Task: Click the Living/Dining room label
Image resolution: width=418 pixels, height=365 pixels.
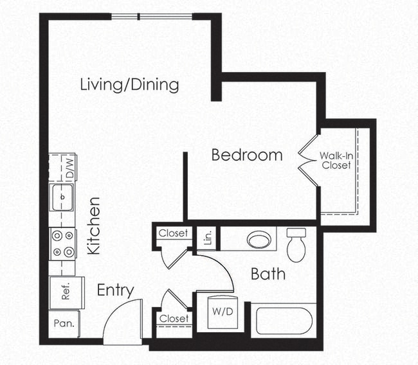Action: click(129, 85)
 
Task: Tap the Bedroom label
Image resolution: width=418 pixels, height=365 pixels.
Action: click(247, 155)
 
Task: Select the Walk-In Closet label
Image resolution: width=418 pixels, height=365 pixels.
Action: click(336, 161)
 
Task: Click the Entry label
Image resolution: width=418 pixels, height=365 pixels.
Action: click(115, 290)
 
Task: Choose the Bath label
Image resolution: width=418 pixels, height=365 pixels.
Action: click(268, 275)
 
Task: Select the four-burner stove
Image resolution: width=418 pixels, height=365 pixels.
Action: click(63, 244)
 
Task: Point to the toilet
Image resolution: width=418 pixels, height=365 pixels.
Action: click(296, 244)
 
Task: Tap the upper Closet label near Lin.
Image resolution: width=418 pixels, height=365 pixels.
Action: click(174, 233)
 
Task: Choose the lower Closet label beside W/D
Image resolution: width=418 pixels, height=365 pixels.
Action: click(174, 319)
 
